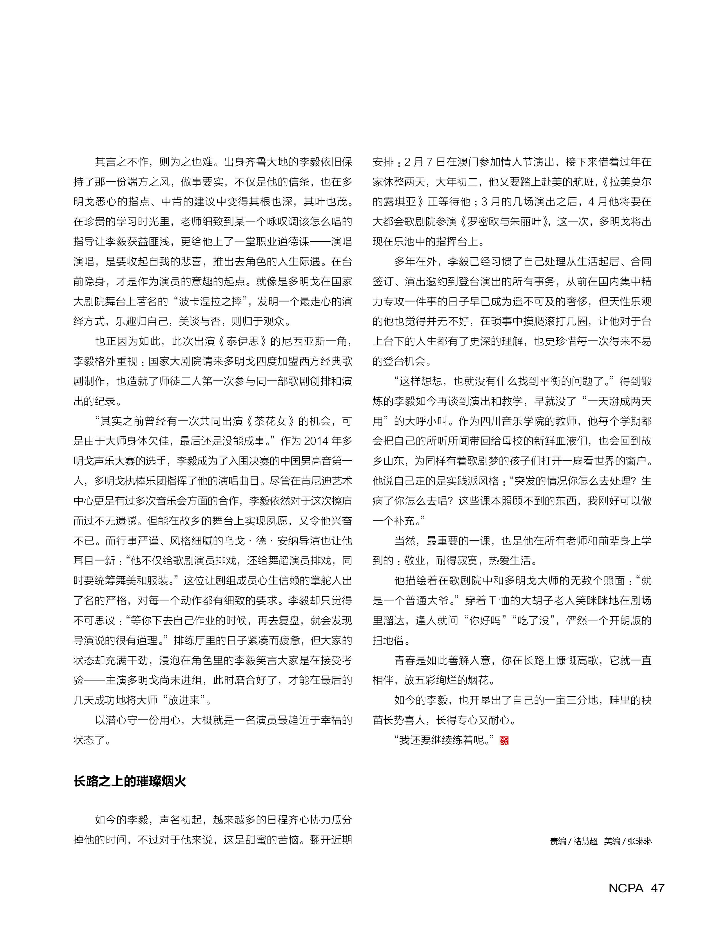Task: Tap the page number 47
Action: [658, 888]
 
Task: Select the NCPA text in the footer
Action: [626, 888]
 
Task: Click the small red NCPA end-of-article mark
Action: [504, 741]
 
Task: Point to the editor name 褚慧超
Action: [586, 841]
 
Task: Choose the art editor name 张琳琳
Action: [640, 841]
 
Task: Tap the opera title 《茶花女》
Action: [270, 421]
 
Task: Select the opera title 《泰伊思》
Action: [242, 341]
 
